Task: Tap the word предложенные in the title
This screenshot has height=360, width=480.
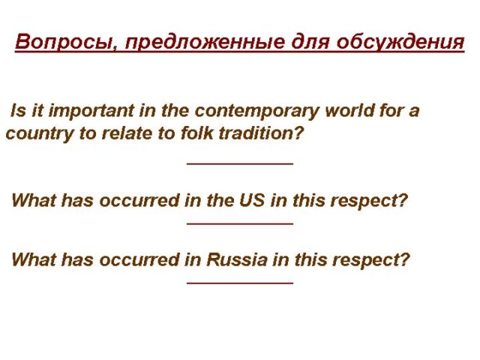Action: point(205,42)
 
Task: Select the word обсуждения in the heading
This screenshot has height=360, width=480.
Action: point(400,42)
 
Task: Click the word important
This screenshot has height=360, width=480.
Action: point(91,111)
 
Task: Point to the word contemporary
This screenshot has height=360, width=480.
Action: point(256,112)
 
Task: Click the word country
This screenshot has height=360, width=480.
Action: point(40,134)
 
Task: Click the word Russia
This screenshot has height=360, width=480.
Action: point(237,260)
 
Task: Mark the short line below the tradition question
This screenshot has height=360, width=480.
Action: point(240,163)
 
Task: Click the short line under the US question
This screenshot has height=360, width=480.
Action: point(240,223)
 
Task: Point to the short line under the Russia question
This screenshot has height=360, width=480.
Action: point(240,283)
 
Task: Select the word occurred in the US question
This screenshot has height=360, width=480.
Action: point(139,201)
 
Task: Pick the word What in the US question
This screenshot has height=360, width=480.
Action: point(34,200)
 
